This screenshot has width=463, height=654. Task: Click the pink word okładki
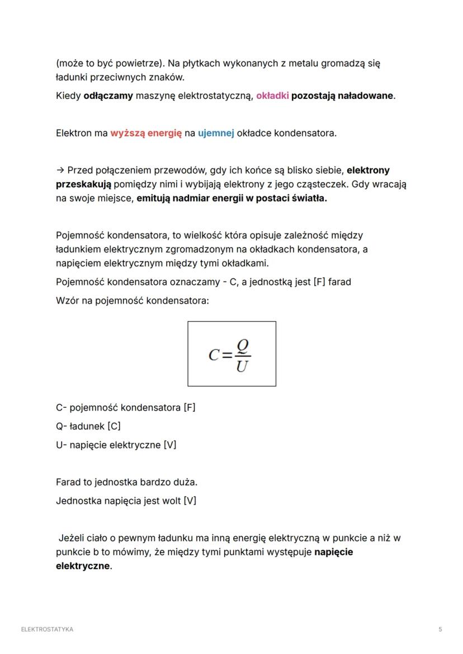coord(272,96)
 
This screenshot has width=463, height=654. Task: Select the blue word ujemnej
coord(216,133)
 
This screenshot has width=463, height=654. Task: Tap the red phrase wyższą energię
coord(146,133)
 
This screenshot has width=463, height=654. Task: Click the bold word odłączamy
coord(108,96)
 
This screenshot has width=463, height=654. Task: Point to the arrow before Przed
coord(60,170)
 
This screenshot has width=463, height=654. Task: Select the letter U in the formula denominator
coord(242,367)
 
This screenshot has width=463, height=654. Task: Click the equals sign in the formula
coord(226,355)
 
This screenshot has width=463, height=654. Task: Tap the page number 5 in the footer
coord(440,629)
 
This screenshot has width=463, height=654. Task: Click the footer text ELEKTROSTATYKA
coord(47,629)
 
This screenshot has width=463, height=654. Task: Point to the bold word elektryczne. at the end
coord(84,566)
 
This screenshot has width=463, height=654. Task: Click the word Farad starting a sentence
coord(69,481)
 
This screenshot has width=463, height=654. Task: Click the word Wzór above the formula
coord(68,300)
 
